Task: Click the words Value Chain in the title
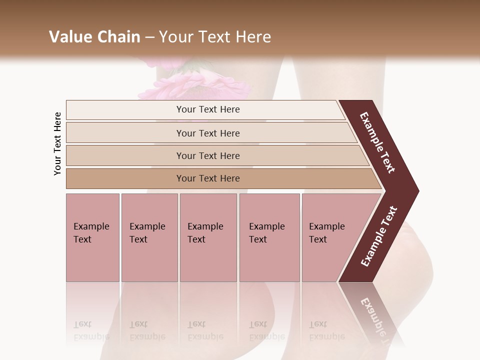[x=94, y=37]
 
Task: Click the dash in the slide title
[x=149, y=37]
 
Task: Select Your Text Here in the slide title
[x=215, y=37]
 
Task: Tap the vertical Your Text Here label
[x=57, y=144]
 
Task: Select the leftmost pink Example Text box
[x=92, y=237]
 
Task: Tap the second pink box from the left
[x=149, y=237]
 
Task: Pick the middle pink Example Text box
[x=208, y=237]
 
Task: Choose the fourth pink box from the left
[x=269, y=237]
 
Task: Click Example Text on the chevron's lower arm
[x=379, y=236]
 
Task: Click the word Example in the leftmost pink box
[x=91, y=226]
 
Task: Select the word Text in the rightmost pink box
[x=317, y=239]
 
